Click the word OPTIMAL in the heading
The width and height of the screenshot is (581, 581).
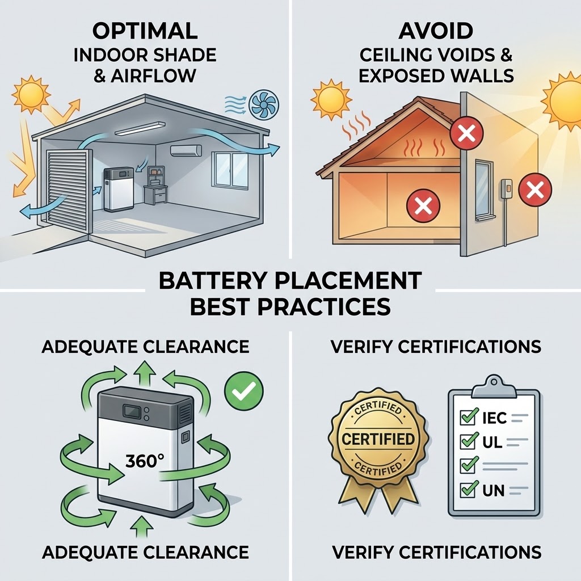coord(145,31)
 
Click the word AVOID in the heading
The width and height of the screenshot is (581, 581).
coord(436,31)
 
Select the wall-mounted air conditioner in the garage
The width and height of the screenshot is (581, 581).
coord(186,150)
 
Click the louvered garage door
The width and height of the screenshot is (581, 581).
coord(68,190)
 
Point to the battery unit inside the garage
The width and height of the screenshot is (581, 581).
coord(119,189)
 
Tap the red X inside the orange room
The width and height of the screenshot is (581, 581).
coord(423,205)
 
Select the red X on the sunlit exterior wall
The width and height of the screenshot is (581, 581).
coord(535,190)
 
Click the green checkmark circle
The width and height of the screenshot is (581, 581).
coord(244,391)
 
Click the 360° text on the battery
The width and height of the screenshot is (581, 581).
coord(145,461)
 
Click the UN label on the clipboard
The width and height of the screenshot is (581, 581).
coord(494,491)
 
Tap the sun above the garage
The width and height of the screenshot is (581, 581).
coord(32,95)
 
